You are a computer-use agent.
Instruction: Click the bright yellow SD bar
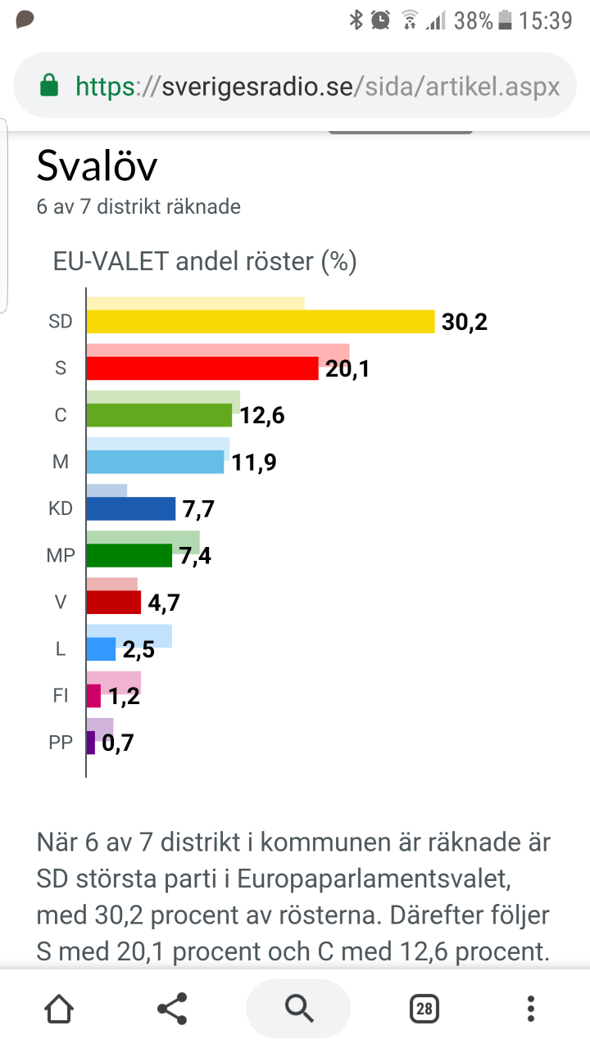point(261,322)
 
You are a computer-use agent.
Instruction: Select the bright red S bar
point(202,368)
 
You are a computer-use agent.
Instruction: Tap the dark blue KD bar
point(131,508)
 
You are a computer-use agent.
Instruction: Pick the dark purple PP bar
point(91,743)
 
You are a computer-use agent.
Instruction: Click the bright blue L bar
point(101,649)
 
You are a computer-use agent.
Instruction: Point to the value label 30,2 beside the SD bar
point(465,322)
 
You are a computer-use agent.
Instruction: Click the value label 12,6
point(262,416)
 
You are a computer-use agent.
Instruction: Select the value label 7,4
point(195,556)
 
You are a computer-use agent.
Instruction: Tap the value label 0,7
point(117,743)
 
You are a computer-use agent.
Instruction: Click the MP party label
point(61,556)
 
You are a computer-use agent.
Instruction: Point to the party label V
point(61,603)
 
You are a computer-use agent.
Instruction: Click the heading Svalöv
point(97,166)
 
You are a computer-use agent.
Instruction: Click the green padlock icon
point(49,85)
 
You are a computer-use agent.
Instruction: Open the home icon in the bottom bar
point(59,1009)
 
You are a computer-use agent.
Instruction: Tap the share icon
point(171,1009)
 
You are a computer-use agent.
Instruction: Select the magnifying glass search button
point(297,1009)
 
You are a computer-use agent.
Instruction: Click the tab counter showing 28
point(424,1009)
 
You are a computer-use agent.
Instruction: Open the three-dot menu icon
point(531,1009)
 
